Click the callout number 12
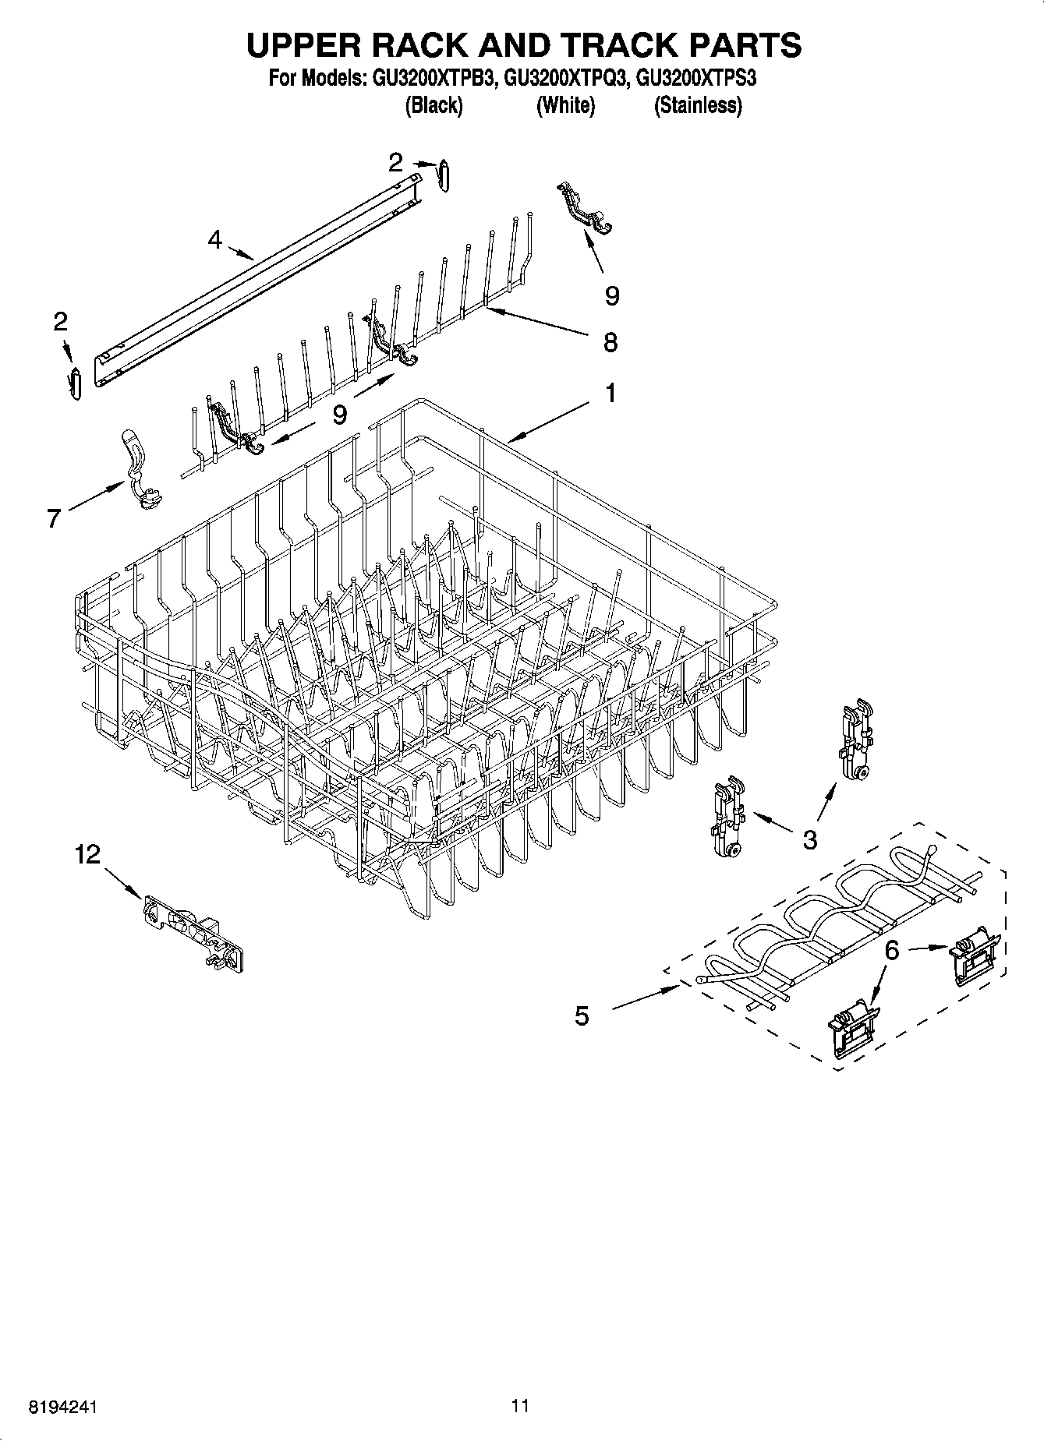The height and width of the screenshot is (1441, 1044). [x=87, y=855]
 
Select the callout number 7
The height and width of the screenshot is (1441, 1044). [x=54, y=517]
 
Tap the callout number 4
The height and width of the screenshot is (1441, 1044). [x=215, y=239]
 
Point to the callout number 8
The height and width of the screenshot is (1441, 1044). [x=610, y=341]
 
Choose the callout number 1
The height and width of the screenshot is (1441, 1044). [x=610, y=394]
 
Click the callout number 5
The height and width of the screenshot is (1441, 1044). [x=582, y=1015]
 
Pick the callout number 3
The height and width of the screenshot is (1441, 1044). [x=810, y=839]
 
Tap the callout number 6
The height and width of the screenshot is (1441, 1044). [x=893, y=950]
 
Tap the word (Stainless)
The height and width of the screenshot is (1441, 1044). [x=698, y=105]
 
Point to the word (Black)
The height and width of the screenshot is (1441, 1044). [x=434, y=105]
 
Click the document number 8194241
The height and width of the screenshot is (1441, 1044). [x=63, y=1407]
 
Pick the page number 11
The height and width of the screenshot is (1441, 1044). [x=521, y=1406]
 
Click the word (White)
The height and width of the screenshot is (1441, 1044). [x=565, y=105]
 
